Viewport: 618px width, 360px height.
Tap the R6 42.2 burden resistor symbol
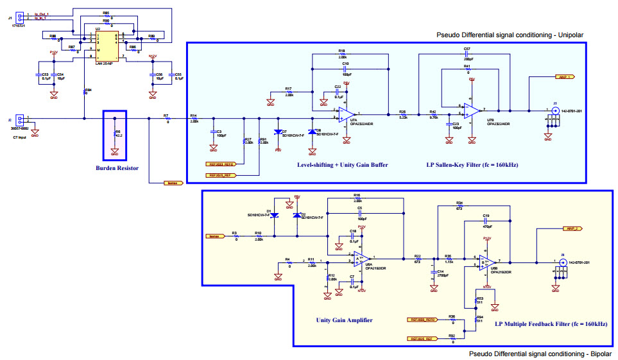tap(115, 134)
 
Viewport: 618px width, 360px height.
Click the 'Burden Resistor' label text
tap(115, 169)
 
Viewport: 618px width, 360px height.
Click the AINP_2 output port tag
tap(573, 228)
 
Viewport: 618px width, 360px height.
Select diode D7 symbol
tap(278, 132)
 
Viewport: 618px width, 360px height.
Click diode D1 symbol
tap(274, 215)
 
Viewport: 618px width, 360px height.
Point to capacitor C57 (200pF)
tap(467, 55)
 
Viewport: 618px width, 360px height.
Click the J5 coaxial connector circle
tap(556, 110)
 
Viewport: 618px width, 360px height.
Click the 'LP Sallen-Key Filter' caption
tap(472, 165)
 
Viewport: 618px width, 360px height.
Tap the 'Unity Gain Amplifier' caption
tap(343, 320)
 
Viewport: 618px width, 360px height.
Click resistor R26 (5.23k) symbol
tap(402, 113)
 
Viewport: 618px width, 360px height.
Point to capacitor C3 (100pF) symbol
tap(210, 133)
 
